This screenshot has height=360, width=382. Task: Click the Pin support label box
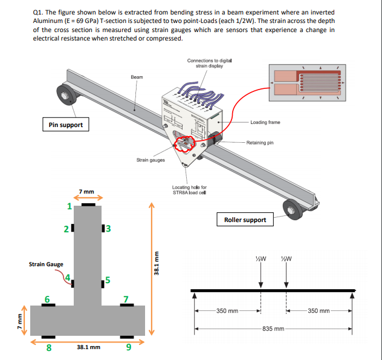click(66, 125)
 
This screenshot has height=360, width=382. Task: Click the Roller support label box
click(245, 220)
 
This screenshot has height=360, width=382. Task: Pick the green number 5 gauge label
click(107, 280)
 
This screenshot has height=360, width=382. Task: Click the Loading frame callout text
click(265, 122)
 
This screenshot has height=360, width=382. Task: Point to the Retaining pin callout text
click(260, 143)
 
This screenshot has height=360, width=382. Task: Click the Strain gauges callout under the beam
click(151, 160)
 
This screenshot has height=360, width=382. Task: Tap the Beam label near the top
click(137, 77)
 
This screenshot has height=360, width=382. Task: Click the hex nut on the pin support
click(62, 95)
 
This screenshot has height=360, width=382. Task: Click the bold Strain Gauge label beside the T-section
click(46, 264)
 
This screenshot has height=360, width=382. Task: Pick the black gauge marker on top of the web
click(88, 205)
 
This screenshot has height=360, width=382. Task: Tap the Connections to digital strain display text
click(209, 63)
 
